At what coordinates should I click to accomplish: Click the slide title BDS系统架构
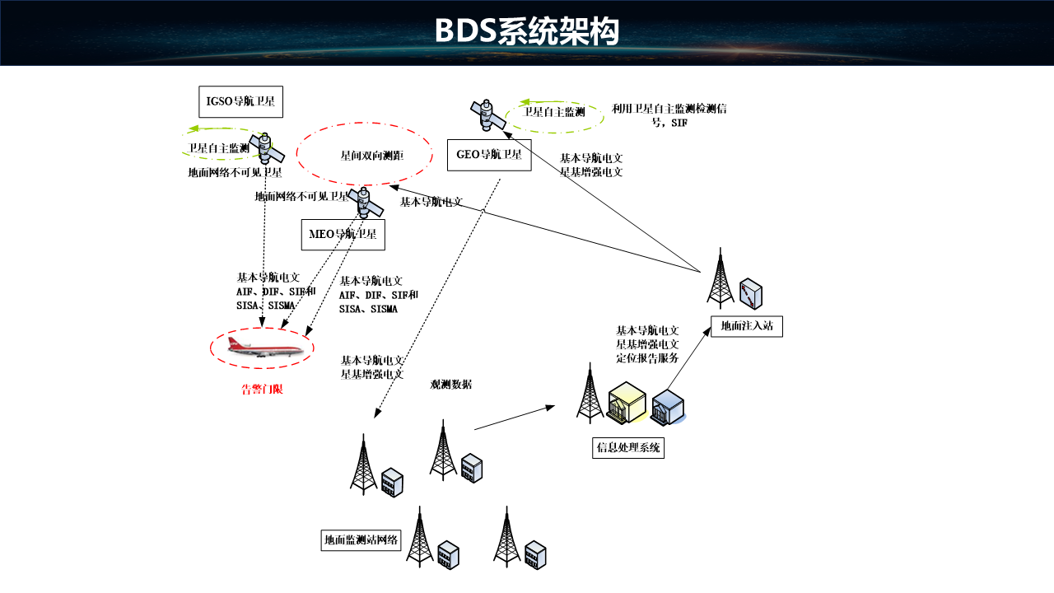click(x=526, y=32)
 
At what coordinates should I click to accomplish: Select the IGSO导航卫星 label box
click(x=240, y=101)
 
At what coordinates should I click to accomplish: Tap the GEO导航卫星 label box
click(x=489, y=155)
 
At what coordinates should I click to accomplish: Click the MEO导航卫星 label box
click(x=343, y=235)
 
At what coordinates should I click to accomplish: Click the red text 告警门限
click(x=262, y=390)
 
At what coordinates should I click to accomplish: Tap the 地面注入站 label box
click(x=747, y=326)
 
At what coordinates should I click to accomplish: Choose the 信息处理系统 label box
click(x=628, y=448)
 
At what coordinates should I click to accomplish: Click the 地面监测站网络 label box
click(x=361, y=541)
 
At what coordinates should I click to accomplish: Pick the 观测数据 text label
click(x=451, y=385)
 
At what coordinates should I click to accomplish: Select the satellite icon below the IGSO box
click(x=268, y=148)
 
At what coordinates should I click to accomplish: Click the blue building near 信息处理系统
click(x=668, y=408)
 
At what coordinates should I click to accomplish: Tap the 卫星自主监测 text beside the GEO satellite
click(x=554, y=112)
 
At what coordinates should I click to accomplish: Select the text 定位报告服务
click(x=647, y=357)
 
